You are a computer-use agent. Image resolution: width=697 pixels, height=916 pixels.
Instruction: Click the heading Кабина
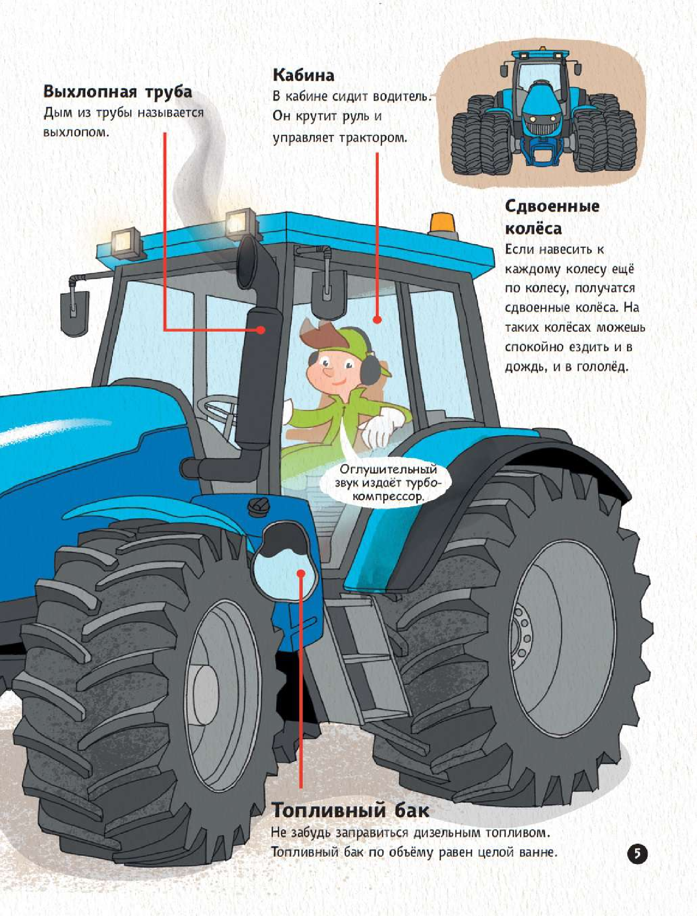pyautogui.click(x=303, y=76)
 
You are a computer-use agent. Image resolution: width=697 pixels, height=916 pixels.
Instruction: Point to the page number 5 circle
pyautogui.click(x=637, y=853)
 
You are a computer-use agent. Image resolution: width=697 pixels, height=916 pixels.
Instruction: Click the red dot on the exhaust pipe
pyautogui.click(x=261, y=330)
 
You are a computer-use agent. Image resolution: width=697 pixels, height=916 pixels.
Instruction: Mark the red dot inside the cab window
pyautogui.click(x=377, y=320)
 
